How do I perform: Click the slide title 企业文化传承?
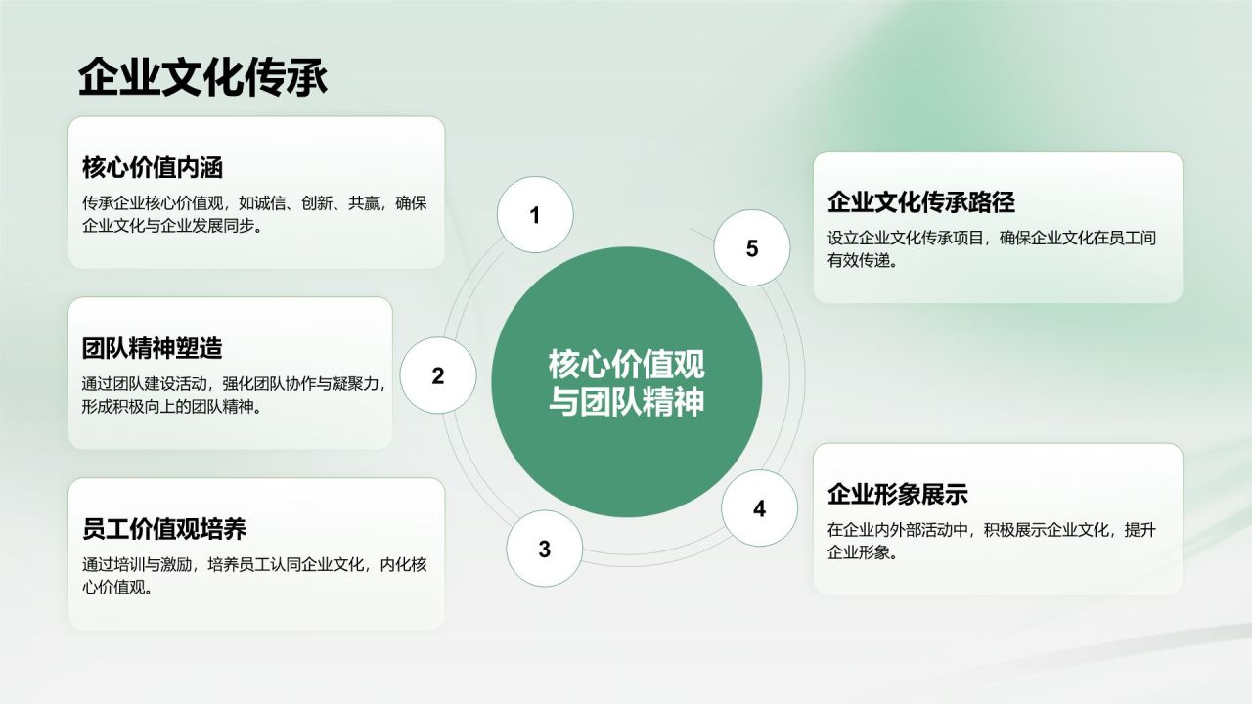pos(202,78)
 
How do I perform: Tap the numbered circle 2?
pos(438,376)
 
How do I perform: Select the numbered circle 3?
pos(544,550)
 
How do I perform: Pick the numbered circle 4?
pos(759,508)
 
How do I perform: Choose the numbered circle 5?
pos(751,248)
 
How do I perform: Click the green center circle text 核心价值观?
pos(626,365)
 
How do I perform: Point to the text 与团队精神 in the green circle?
pos(626,401)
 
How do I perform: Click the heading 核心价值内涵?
pos(153,168)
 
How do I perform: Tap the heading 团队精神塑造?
pos(153,349)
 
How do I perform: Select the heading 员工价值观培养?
pos(164,530)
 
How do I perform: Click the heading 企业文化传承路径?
pos(921,202)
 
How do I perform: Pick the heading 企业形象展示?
pos(898,494)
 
